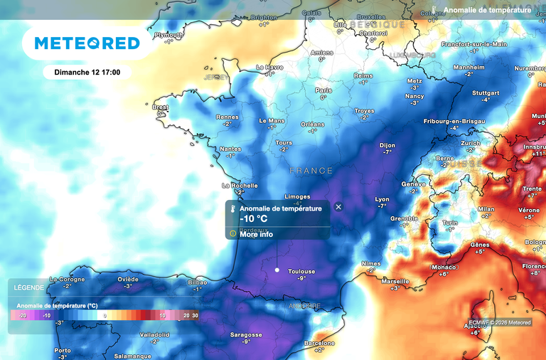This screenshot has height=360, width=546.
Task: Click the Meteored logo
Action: [x=87, y=43]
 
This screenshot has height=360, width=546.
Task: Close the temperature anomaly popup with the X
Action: [x=338, y=207]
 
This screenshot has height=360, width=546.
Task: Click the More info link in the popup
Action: [x=256, y=234]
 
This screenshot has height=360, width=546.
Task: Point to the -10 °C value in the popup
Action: [x=254, y=219]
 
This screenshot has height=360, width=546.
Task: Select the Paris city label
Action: [x=323, y=90]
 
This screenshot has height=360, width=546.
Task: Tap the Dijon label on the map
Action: [x=387, y=144]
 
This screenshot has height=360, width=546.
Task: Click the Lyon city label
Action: [x=382, y=199]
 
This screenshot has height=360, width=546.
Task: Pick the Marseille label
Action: [x=395, y=281]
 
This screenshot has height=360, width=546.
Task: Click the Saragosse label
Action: [x=246, y=334]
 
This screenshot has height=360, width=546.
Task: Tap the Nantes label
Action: [x=231, y=149]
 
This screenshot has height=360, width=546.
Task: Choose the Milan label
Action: [x=486, y=209]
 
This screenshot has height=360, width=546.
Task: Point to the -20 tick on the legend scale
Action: [x=22, y=314]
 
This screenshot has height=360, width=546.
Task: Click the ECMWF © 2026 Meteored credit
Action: [x=500, y=322]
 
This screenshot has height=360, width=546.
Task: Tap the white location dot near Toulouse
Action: [x=277, y=270]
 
